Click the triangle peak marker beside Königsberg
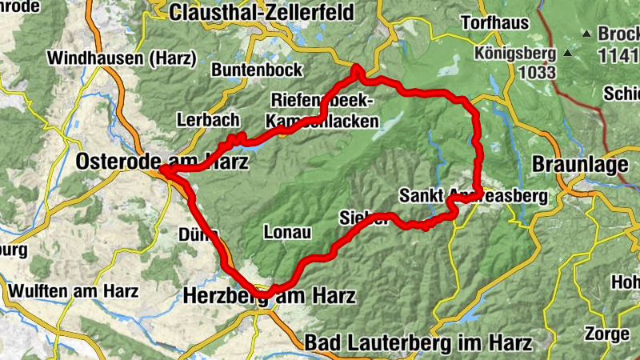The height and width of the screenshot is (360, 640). pos(568,54)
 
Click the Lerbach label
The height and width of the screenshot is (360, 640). pos(207,120)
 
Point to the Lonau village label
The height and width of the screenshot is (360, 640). pos(286,232)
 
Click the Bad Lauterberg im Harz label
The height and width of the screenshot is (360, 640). pos(418,343)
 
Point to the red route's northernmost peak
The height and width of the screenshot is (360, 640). pos(356,70)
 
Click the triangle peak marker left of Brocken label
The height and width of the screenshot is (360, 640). pos(586,34)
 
